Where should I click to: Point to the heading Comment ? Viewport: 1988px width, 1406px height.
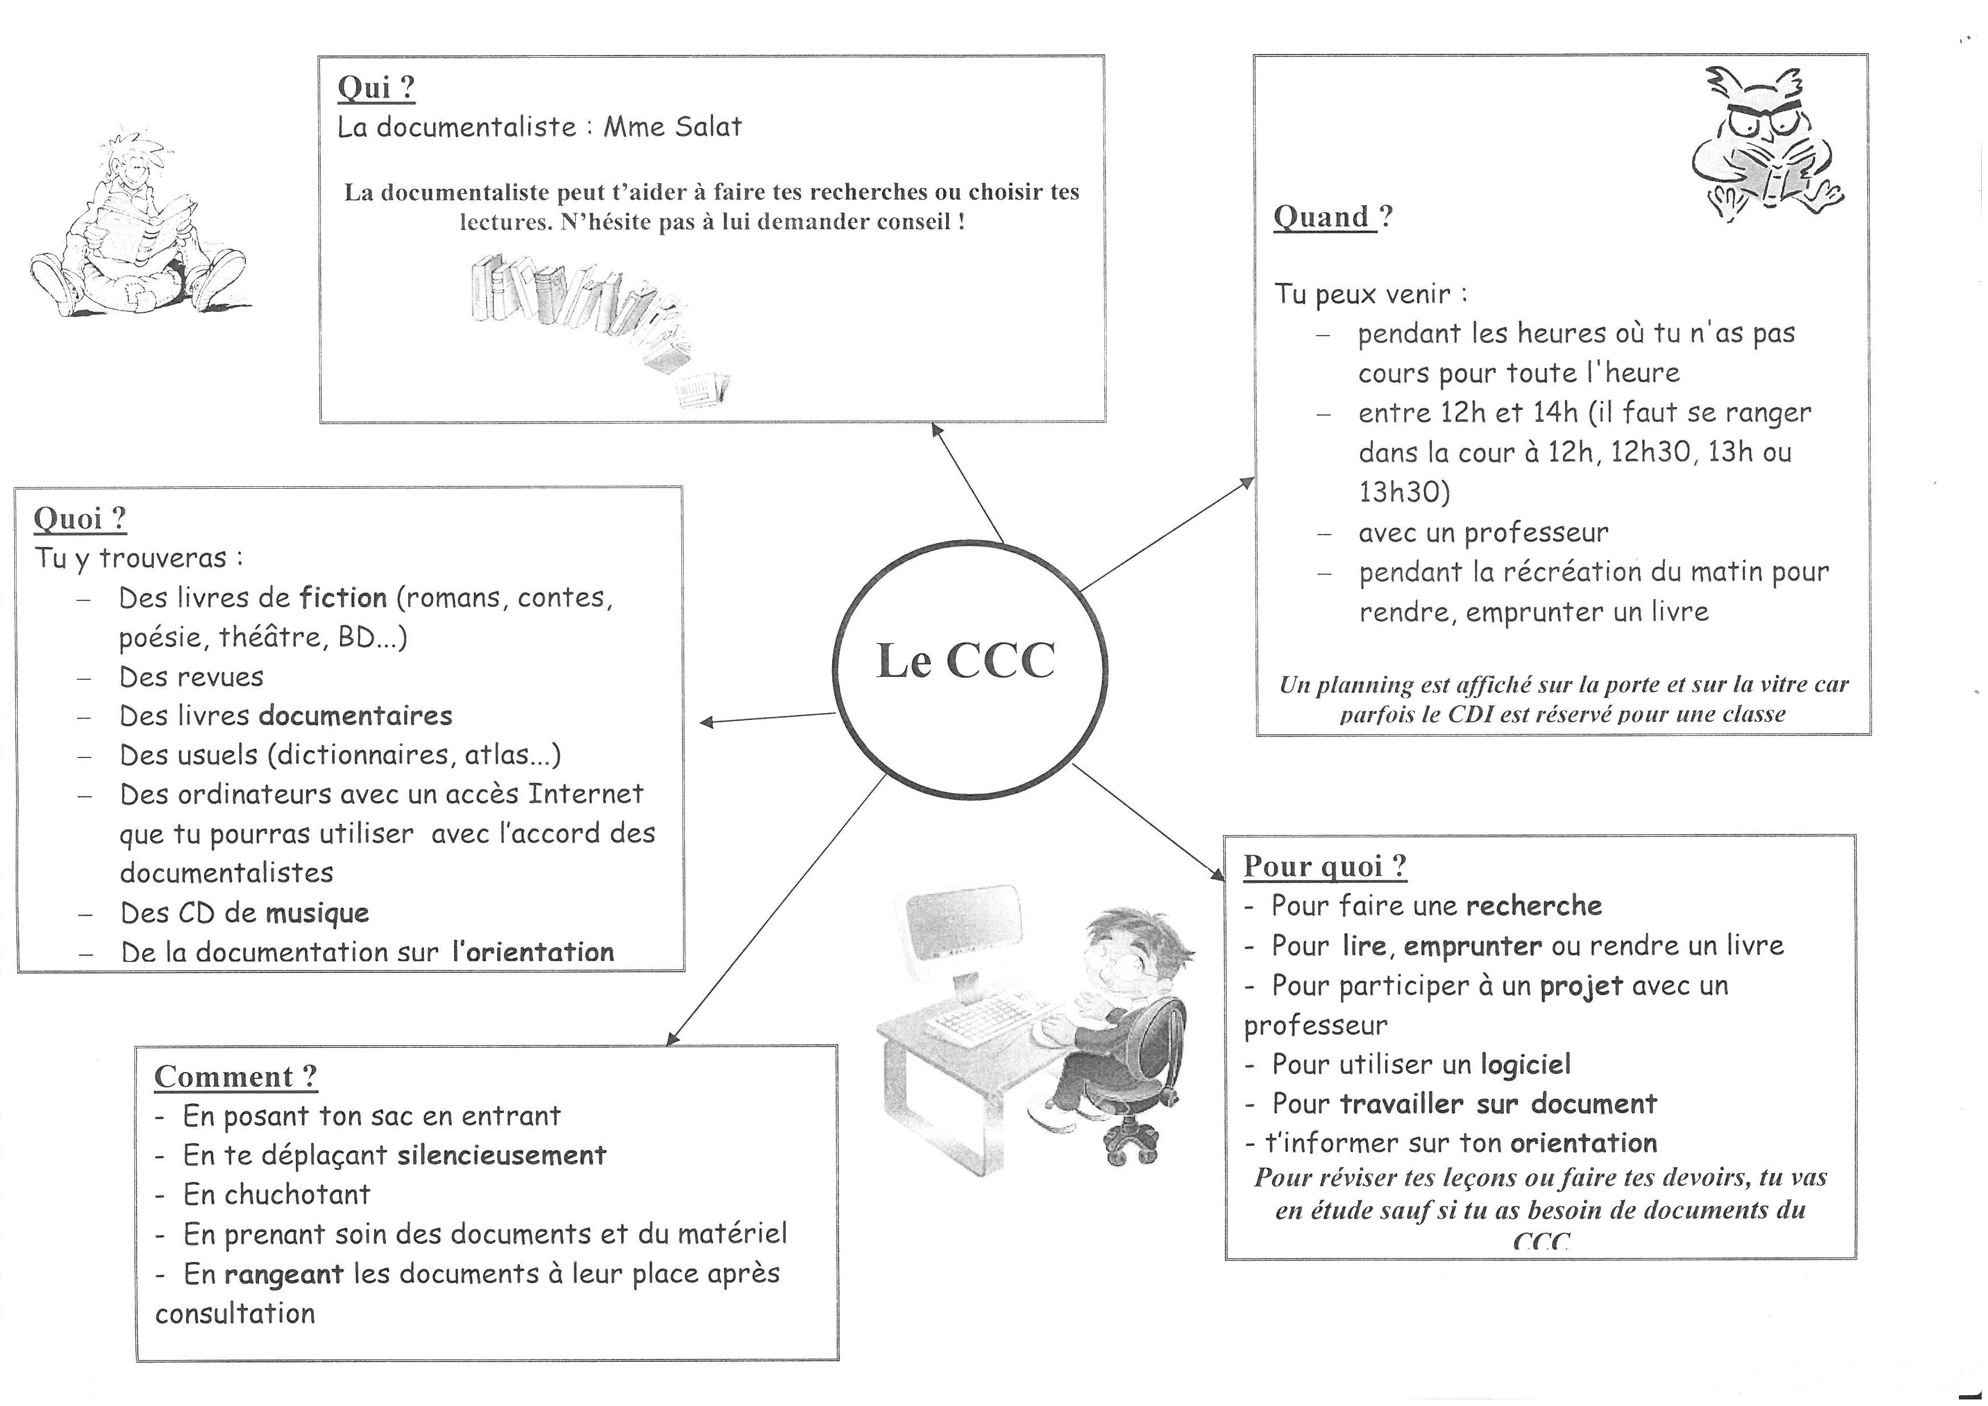point(235,1076)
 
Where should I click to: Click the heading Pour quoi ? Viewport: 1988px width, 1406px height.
point(1325,865)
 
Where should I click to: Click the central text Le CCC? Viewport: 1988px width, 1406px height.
point(965,662)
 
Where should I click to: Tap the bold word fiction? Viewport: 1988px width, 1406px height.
point(343,598)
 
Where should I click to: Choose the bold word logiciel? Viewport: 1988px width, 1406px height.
point(1525,1064)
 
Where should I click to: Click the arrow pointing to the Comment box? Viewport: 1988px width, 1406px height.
point(775,909)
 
